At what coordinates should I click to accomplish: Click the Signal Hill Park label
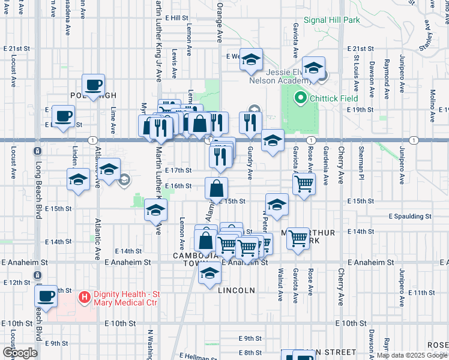331,20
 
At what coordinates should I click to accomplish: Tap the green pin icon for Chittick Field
298,97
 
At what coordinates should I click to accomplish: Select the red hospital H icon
85,296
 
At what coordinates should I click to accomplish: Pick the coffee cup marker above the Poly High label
93,85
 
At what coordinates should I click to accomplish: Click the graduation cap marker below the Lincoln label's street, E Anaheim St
209,273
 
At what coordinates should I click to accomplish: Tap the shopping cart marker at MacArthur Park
298,239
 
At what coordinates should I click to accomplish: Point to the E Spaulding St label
410,216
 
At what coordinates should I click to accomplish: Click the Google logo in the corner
20,353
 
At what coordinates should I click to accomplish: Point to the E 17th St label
178,170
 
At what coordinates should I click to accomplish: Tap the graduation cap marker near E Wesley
252,59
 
